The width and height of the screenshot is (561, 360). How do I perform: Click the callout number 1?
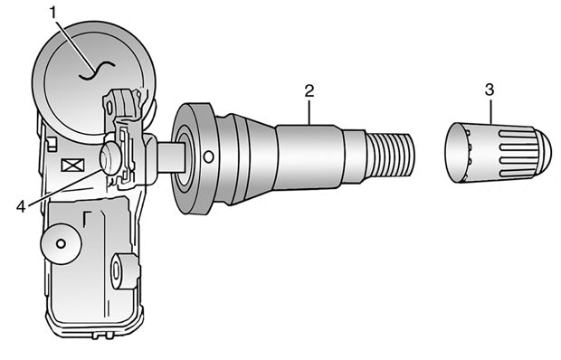[53, 14]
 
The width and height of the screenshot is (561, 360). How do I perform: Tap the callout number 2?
[309, 90]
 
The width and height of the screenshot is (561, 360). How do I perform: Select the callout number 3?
[490, 90]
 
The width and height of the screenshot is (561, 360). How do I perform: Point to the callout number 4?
[21, 206]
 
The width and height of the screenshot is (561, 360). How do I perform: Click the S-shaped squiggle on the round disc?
[97, 71]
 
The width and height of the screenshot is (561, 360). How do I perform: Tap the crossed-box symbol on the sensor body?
[72, 166]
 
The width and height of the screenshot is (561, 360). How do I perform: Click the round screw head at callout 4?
[110, 158]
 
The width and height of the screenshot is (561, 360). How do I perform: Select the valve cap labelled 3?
[498, 154]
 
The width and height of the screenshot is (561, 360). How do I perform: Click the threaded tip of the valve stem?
[391, 156]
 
